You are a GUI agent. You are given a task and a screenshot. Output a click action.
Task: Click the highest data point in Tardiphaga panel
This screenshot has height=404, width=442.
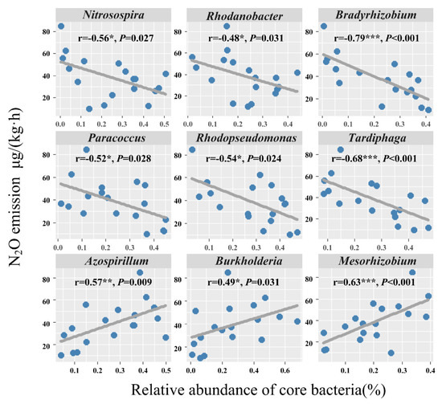pyautogui.click(x=341, y=150)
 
